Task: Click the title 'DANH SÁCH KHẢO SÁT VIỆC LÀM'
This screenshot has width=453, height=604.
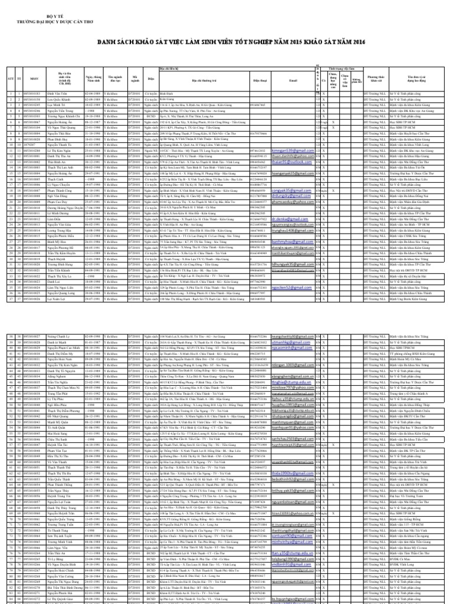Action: click(226, 42)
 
